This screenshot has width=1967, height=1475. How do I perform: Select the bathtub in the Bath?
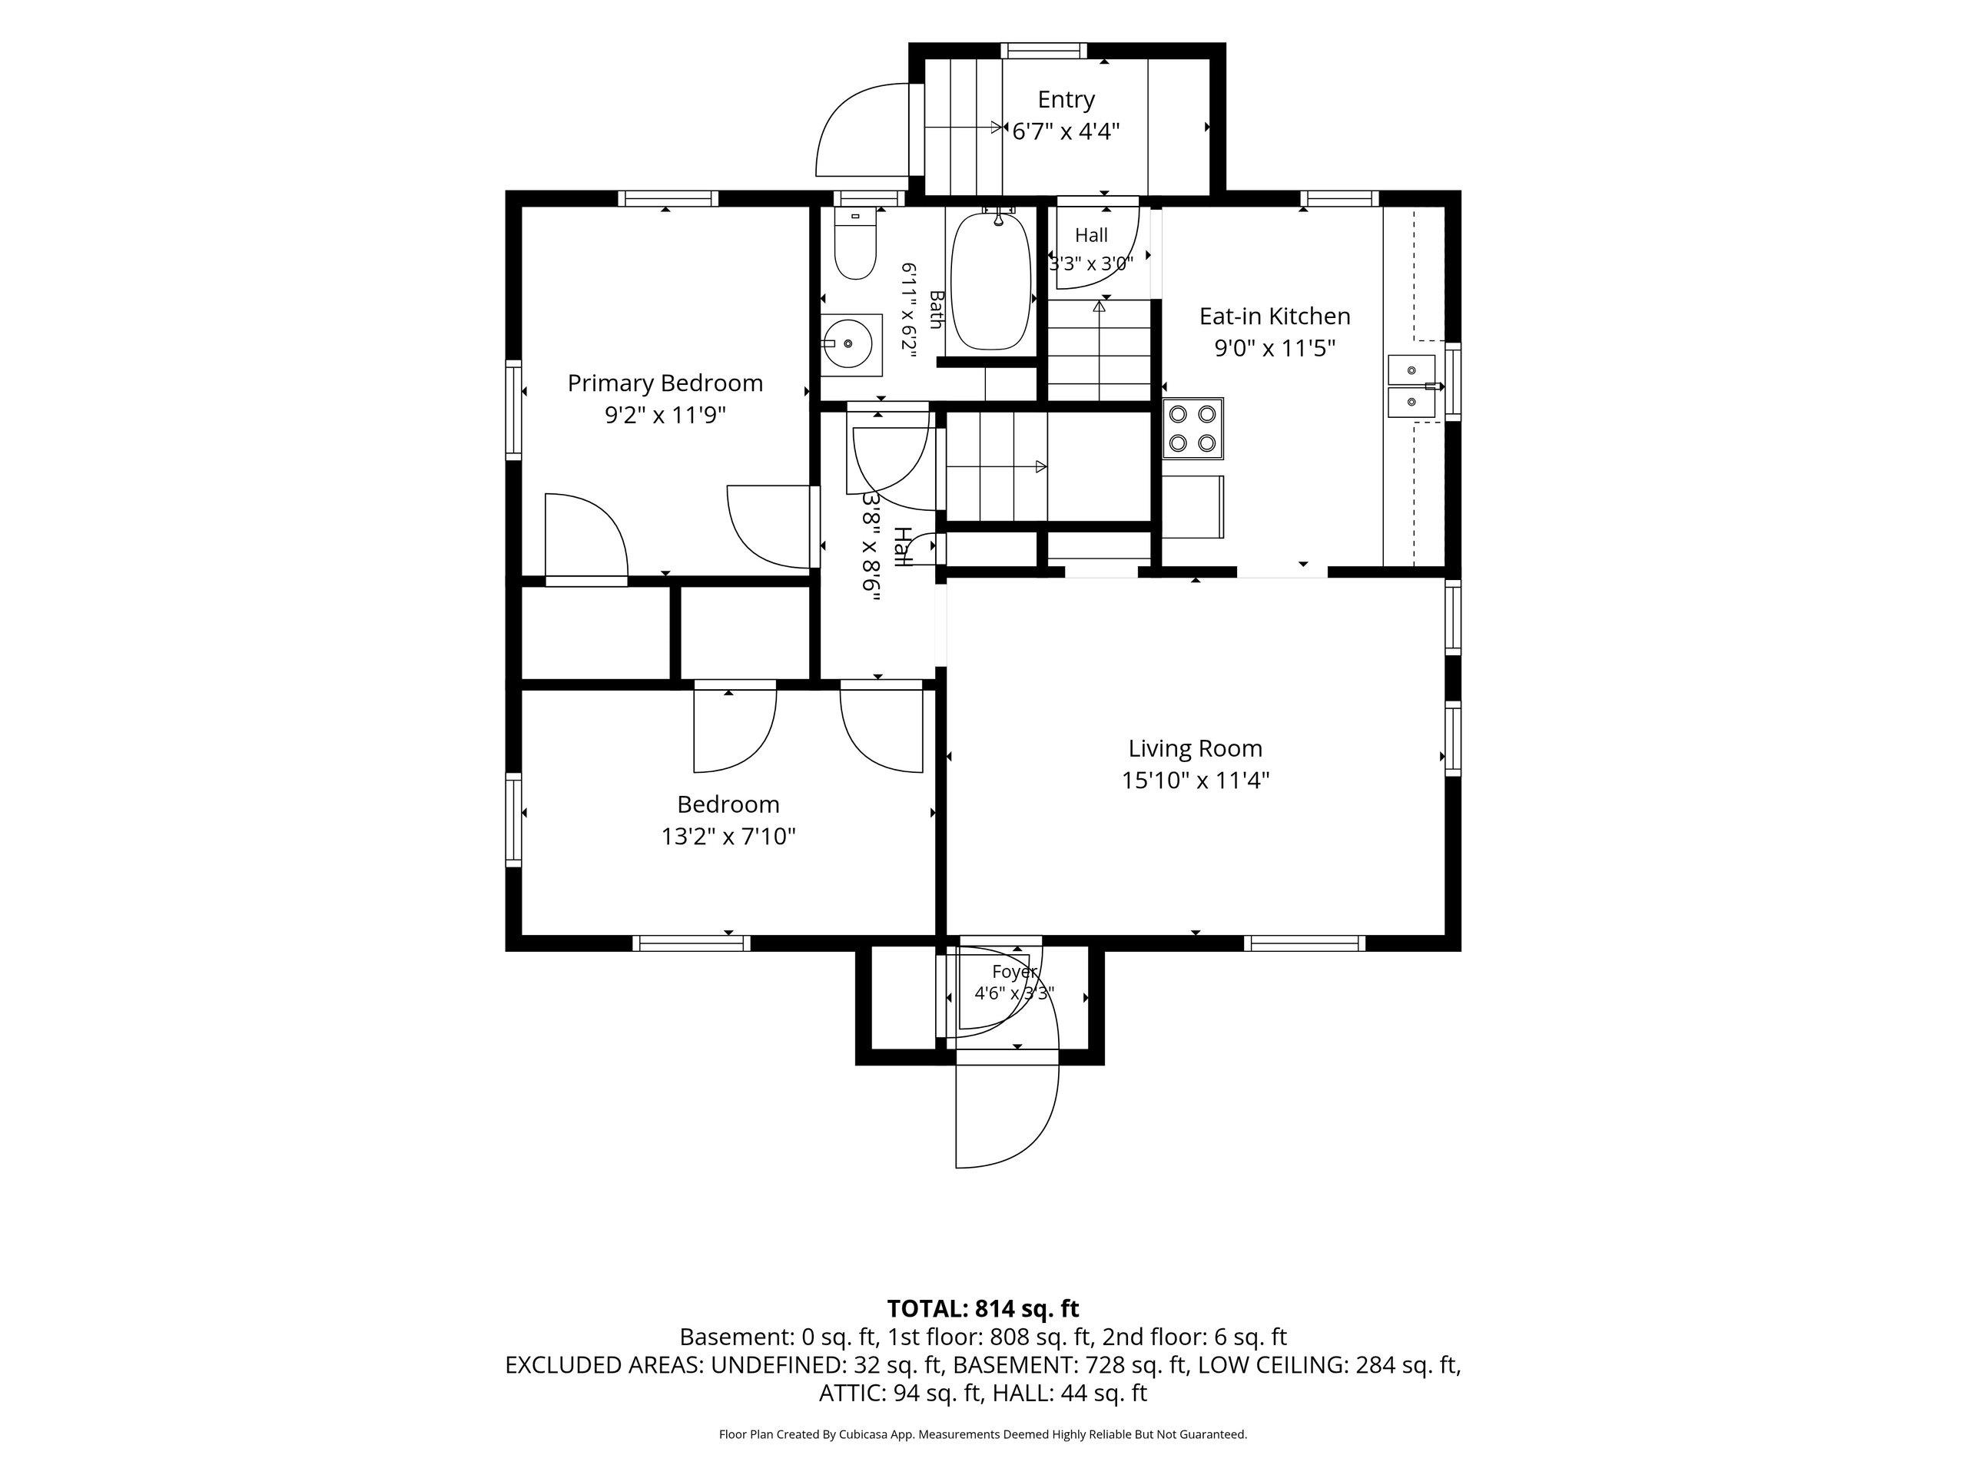point(990,280)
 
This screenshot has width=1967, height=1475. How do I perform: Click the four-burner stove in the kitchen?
point(1193,428)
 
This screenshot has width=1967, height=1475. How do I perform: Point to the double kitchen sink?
point(1412,386)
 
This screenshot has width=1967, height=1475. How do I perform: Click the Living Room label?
point(1195,748)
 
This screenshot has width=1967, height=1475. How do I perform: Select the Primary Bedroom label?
point(665,383)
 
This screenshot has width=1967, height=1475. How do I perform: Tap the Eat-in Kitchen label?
point(1274,316)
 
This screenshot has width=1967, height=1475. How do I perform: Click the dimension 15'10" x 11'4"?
point(1195,781)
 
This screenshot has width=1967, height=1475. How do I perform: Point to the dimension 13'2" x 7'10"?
point(728,837)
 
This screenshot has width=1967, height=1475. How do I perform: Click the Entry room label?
point(1066,100)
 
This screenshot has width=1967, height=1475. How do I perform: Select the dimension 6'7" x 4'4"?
point(1066,131)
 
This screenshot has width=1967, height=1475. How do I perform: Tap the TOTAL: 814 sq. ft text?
point(983,1309)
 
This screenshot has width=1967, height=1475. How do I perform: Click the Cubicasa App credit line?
point(983,1434)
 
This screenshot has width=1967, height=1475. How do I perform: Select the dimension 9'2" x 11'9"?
point(665,415)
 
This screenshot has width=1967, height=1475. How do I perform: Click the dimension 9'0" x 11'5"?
point(1274,348)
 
